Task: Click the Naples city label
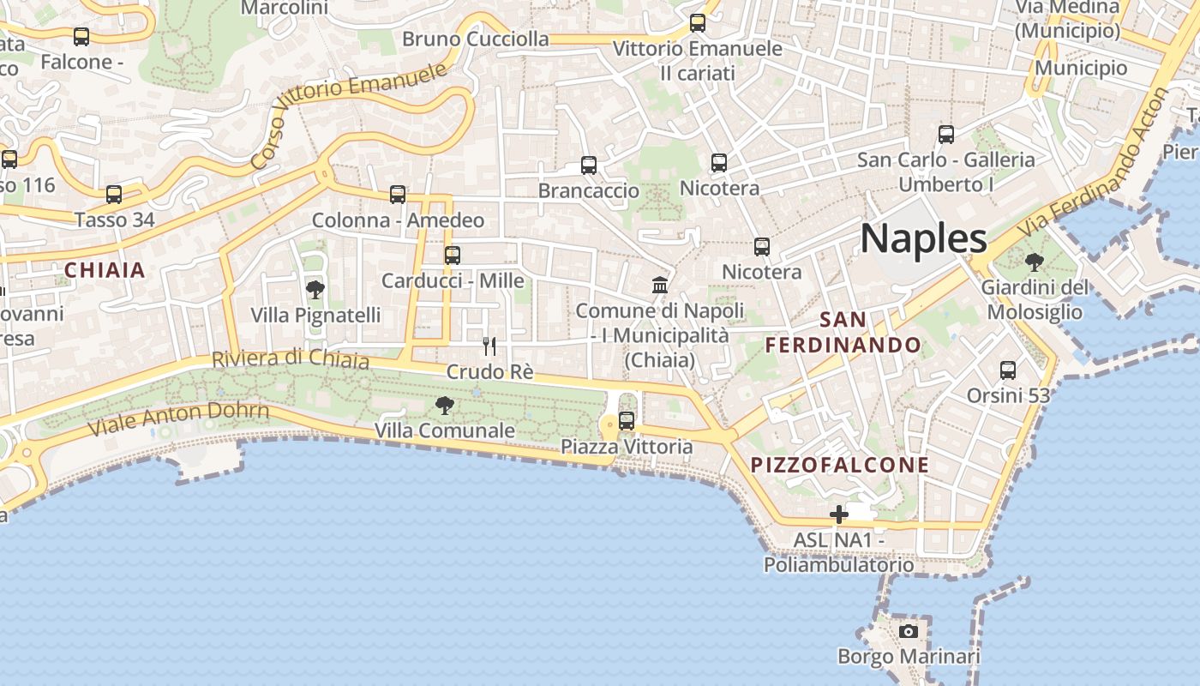[923, 238]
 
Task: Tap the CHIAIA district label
[105, 270]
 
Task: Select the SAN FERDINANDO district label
[843, 333]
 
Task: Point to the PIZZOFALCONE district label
[840, 465]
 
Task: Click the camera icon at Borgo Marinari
[909, 632]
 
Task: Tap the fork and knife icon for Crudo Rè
[489, 346]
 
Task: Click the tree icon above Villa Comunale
[444, 406]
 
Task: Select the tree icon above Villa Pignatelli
[315, 290]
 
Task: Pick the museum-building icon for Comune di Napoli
[660, 285]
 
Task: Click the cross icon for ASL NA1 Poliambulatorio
[839, 514]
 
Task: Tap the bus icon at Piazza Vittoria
[627, 420]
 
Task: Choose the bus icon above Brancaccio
[589, 165]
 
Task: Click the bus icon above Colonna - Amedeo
[398, 195]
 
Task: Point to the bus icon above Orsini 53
[1008, 370]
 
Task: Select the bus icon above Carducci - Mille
[453, 256]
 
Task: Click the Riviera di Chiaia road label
[291, 358]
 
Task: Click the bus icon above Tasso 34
[114, 195]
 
